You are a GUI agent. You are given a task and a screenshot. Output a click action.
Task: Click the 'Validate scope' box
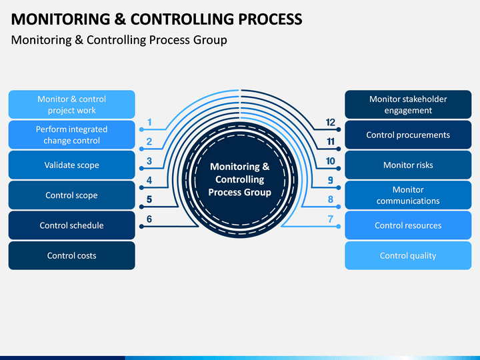[x=71, y=165]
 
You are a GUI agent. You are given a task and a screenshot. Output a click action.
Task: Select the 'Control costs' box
[x=71, y=255]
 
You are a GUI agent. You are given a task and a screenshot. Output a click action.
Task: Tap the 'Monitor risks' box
[x=408, y=165]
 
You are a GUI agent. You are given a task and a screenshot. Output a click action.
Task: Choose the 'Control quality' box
[x=408, y=255]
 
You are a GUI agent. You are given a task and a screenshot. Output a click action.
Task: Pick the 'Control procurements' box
[x=408, y=135]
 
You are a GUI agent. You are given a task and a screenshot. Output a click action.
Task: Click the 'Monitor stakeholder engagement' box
[x=408, y=105]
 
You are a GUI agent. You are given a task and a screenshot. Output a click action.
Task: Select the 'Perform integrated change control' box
[x=71, y=135]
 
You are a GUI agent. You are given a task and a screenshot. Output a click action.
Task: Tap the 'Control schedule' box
[x=71, y=225]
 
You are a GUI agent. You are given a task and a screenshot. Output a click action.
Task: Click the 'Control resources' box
[x=408, y=225]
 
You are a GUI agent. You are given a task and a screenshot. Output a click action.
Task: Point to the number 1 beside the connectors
[x=149, y=123]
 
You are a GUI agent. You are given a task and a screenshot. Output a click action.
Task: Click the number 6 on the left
[x=149, y=219]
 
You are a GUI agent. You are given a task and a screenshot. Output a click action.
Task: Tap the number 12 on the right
[x=331, y=123]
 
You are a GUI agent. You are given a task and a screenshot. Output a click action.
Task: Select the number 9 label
[x=331, y=180]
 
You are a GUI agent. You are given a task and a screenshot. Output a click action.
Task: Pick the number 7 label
[x=331, y=219]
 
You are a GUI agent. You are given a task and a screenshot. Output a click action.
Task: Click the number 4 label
[x=149, y=180]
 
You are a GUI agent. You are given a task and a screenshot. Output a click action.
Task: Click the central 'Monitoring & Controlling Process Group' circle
[x=240, y=180]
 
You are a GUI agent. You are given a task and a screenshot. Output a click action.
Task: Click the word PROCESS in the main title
[x=270, y=19]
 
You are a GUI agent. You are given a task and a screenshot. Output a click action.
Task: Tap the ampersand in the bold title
[x=120, y=19]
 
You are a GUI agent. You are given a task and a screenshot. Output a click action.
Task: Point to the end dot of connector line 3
[x=141, y=169]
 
